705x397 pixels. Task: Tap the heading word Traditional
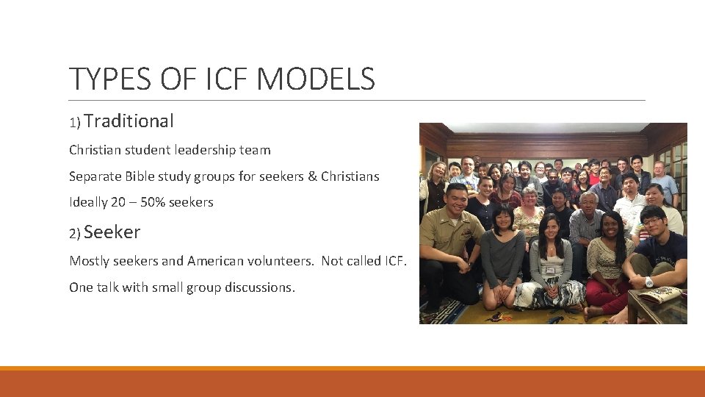click(133, 121)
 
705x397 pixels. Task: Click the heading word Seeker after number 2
click(112, 232)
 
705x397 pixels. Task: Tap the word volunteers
click(282, 261)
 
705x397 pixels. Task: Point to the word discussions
click(257, 287)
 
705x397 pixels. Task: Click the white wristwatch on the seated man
click(648, 282)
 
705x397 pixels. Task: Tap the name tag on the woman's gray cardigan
click(550, 270)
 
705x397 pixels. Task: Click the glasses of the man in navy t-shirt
click(651, 221)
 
